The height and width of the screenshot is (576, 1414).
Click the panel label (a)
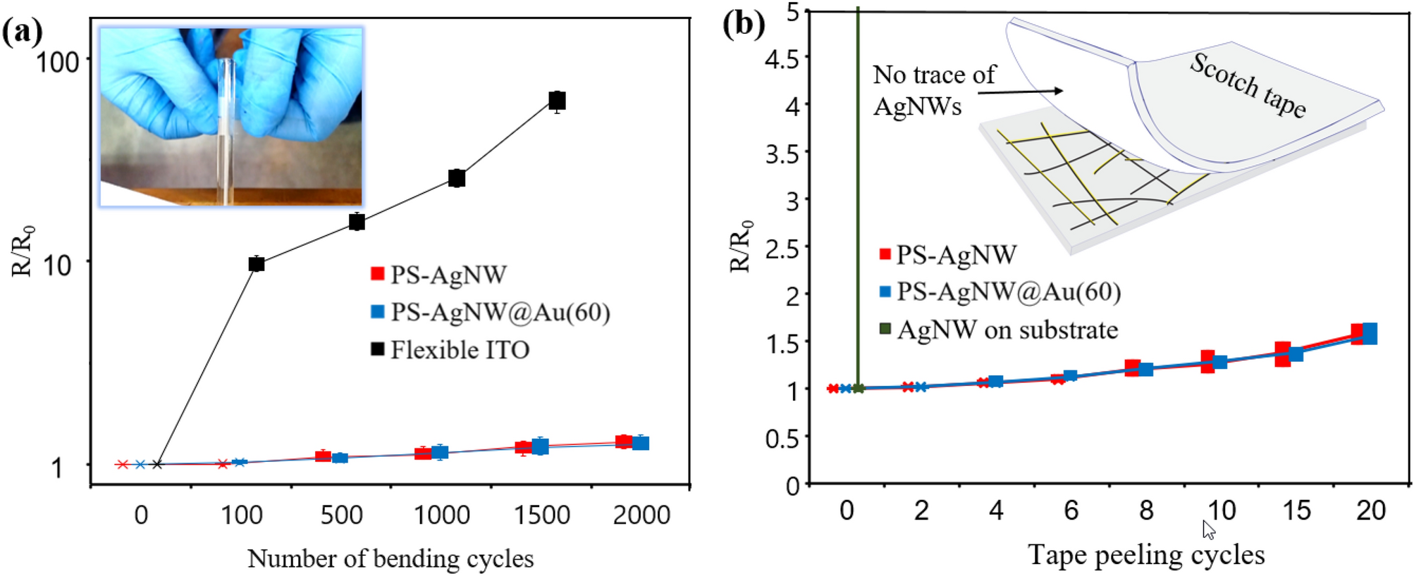tap(23, 32)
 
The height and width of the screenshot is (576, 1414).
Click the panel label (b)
tap(744, 25)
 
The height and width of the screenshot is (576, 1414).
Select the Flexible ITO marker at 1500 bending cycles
tap(557, 101)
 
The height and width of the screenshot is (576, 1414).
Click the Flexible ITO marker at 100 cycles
tap(257, 264)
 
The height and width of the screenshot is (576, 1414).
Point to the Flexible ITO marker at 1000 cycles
tap(457, 178)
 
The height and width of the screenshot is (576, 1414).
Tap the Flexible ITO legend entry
tap(459, 350)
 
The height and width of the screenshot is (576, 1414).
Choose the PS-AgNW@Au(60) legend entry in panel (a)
tap(500, 312)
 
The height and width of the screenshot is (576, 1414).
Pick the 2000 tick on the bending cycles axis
tap(641, 515)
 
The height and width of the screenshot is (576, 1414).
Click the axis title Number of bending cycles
tap(390, 558)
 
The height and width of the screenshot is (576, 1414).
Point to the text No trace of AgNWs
tap(932, 90)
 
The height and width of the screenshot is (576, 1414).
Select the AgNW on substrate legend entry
tap(1007, 330)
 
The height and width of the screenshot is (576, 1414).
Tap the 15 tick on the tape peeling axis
tap(1296, 511)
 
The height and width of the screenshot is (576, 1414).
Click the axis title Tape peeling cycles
tap(1146, 555)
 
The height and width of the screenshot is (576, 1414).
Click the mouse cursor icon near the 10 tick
tap(1209, 530)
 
